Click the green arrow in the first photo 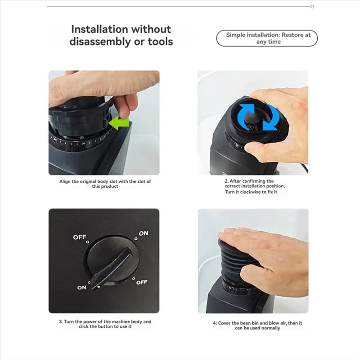click(119, 122)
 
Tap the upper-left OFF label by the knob click(80, 237)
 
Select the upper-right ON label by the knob click(144, 233)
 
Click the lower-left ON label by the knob click(82, 288)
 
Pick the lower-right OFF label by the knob click(142, 282)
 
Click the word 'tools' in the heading click(160, 42)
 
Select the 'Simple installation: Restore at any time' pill click(267, 38)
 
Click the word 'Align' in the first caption click(65, 181)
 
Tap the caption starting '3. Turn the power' click(105, 324)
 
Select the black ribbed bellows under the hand click(232, 264)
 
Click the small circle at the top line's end click(312, 6)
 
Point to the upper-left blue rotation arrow click(245, 114)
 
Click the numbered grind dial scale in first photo click(81, 141)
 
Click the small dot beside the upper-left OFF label click(87, 242)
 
